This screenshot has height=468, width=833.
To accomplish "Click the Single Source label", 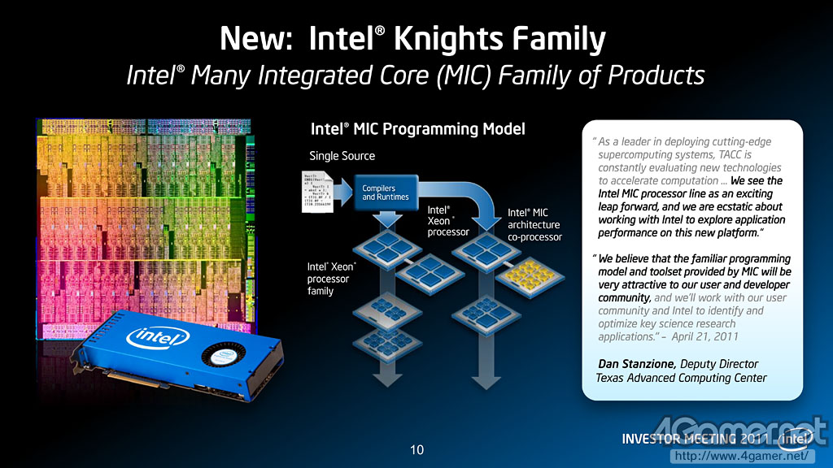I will click(342, 155).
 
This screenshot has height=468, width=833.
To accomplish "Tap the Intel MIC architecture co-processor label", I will click(534, 224).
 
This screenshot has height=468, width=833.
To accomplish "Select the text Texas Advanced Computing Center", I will click(681, 378).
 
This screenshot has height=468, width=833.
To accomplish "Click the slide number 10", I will click(416, 449).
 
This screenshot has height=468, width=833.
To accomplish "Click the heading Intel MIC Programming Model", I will click(417, 129).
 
